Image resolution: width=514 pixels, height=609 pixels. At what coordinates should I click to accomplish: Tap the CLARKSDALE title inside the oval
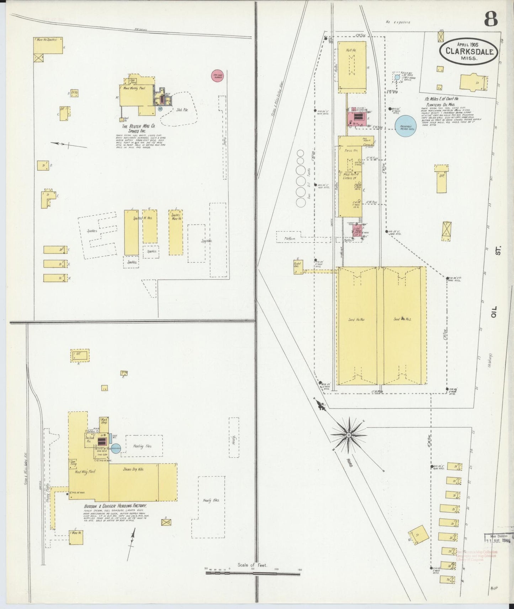[x=468, y=52]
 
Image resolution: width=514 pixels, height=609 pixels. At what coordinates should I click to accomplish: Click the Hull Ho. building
[x=351, y=66]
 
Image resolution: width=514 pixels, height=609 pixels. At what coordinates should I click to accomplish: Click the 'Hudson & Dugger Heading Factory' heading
[x=115, y=506]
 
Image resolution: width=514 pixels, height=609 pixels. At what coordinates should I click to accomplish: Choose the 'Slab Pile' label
[x=182, y=110]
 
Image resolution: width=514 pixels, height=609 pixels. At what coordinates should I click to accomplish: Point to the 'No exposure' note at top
[x=398, y=22]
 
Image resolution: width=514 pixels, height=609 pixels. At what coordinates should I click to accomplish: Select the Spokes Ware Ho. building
[x=176, y=232]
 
